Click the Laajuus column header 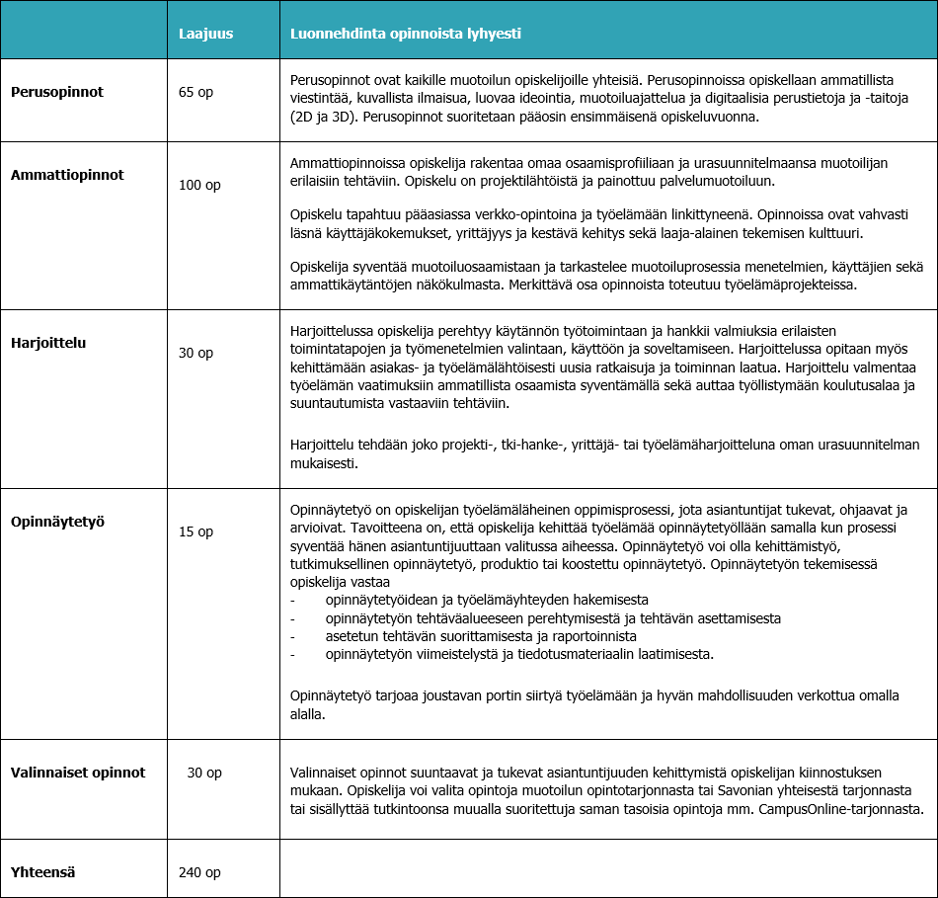click(x=205, y=34)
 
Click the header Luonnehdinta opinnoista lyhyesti click(x=405, y=34)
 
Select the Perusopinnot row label click(x=57, y=92)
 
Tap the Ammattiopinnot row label click(x=67, y=175)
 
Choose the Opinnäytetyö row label click(x=57, y=521)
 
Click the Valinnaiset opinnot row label click(x=78, y=772)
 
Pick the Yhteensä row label click(x=43, y=871)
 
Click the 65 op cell click(x=195, y=92)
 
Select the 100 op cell click(x=199, y=185)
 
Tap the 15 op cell click(x=195, y=531)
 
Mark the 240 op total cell click(x=199, y=872)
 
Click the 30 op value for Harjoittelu click(x=195, y=353)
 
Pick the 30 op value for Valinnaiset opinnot click(x=204, y=773)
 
